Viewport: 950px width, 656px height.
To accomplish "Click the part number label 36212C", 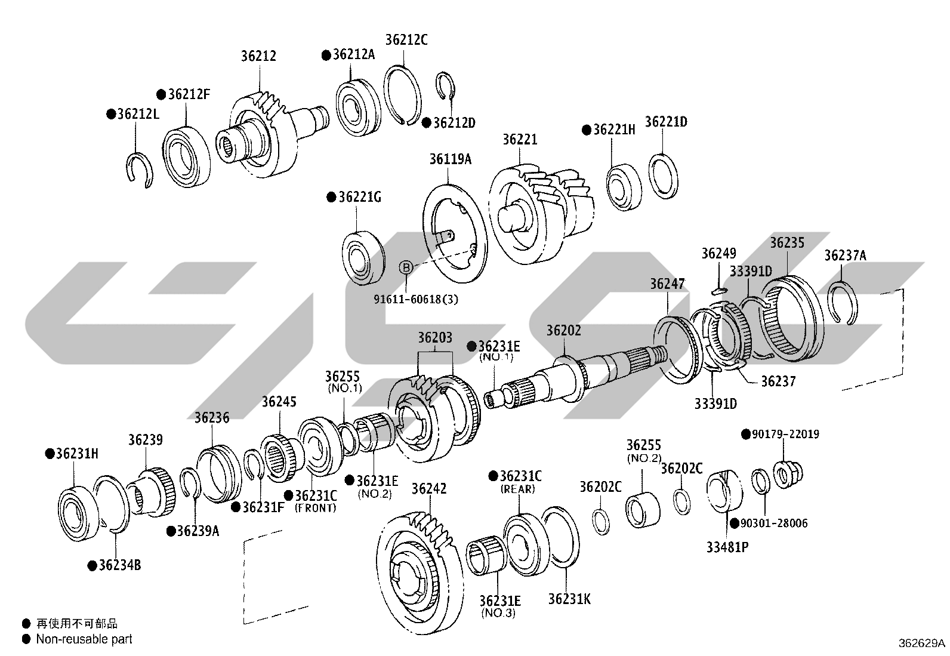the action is (x=406, y=39).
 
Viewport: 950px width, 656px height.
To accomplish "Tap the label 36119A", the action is (x=451, y=159).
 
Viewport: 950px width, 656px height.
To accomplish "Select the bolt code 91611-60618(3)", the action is (x=415, y=299).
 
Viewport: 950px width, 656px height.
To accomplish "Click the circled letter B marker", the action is (x=406, y=267).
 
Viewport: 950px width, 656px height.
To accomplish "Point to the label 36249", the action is (x=718, y=253).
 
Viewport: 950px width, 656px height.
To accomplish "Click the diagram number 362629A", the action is (x=921, y=643).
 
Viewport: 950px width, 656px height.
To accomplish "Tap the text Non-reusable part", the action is (x=84, y=639).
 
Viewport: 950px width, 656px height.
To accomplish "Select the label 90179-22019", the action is (x=785, y=434).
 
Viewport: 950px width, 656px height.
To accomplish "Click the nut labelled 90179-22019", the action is (x=788, y=473).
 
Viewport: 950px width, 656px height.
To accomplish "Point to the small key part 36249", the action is (x=720, y=291).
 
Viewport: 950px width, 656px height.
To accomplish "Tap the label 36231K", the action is (x=569, y=599).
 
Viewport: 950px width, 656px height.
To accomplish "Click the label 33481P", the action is (x=727, y=547).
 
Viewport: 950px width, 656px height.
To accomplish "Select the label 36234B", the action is (x=120, y=565).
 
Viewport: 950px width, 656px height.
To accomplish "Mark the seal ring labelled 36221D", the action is (x=664, y=177).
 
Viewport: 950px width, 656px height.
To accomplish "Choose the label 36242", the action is (x=429, y=489).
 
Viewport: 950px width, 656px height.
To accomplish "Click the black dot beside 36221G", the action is (x=331, y=198).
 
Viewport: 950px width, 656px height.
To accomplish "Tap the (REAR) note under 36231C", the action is (x=518, y=489).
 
